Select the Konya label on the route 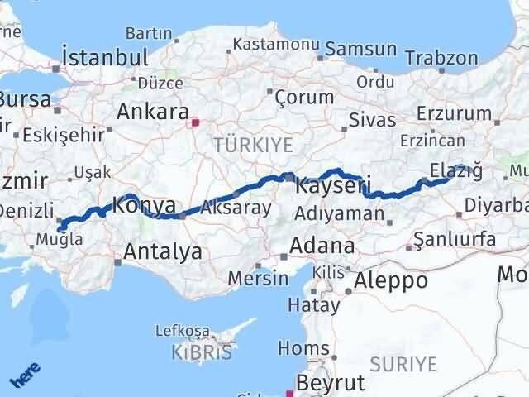point(143,204)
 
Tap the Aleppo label point(390,280)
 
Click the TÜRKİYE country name point(253,146)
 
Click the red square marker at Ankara point(196,124)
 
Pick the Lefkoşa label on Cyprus point(183,331)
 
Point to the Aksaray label point(236,208)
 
